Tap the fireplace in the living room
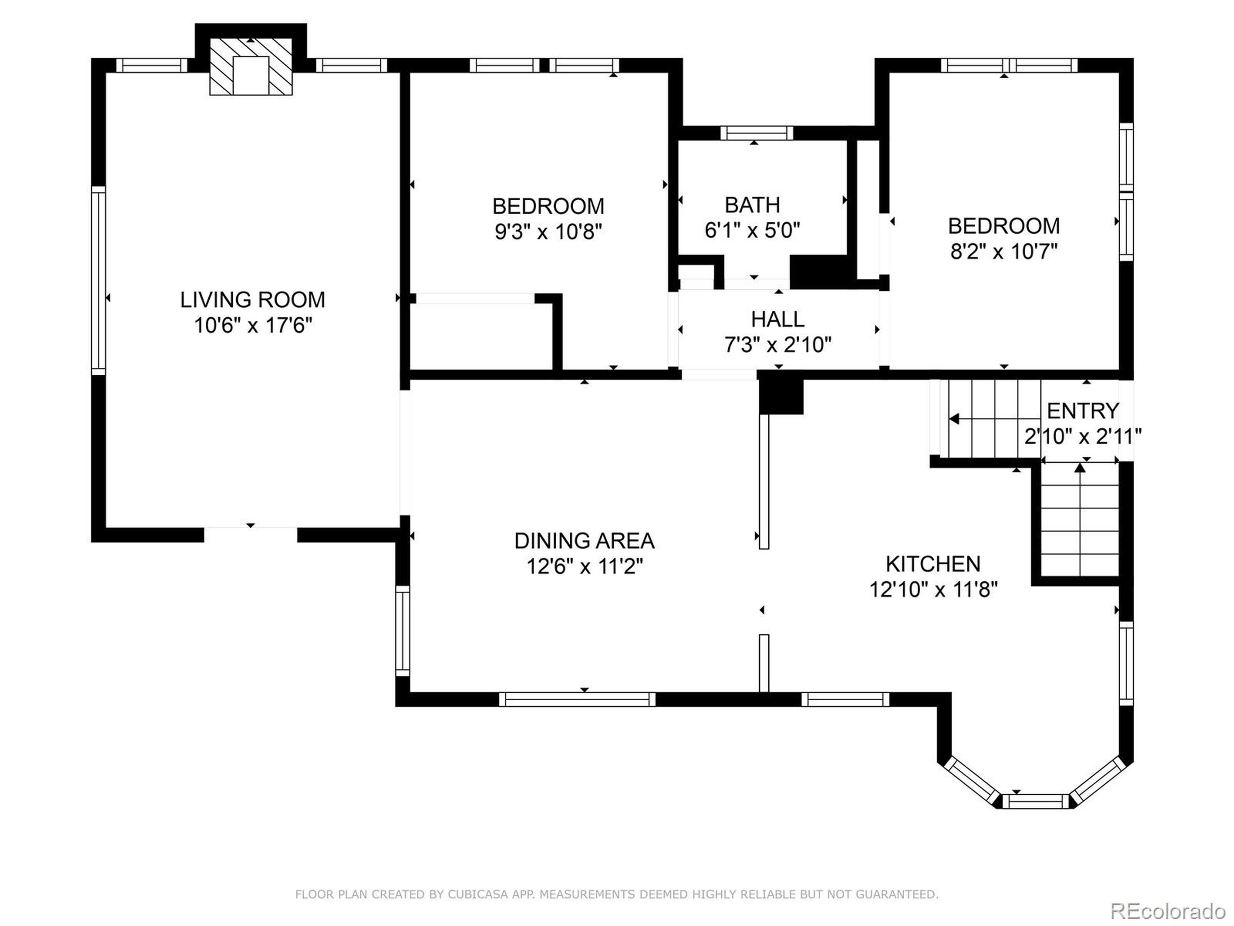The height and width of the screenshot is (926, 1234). pos(251,67)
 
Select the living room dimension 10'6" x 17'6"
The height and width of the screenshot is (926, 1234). pos(252,325)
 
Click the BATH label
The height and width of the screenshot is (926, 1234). pos(752,205)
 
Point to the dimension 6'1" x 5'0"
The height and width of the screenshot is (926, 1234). pos(752,230)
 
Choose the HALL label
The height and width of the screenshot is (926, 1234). pos(778,319)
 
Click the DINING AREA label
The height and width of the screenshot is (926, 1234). pos(584,541)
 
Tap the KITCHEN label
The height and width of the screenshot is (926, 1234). pos(933,564)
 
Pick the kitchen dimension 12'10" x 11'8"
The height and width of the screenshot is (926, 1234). pos(933,589)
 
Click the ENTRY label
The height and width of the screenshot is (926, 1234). pos(1083,411)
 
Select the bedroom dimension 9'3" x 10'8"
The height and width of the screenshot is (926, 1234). pos(549,231)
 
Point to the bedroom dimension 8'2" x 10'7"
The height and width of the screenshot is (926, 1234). pos(1004,251)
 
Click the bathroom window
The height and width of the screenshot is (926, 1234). pos(756,133)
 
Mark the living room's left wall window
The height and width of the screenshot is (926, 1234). pos(98,281)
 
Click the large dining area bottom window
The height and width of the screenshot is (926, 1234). pos(577,699)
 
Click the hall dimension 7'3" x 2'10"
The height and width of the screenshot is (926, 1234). pos(778,345)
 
